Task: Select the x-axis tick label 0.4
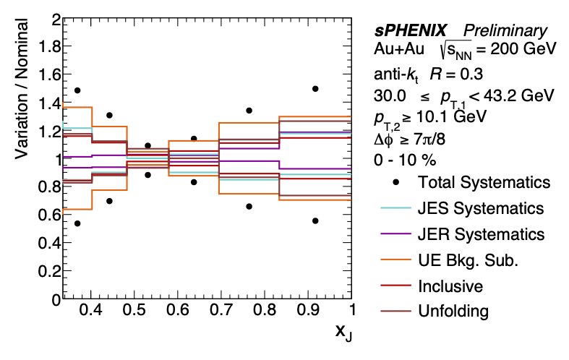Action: [90, 311]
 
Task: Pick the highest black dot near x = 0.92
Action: [315, 89]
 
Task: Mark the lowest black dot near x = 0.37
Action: [77, 223]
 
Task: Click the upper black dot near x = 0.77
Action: [249, 111]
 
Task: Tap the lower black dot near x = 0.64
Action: [194, 182]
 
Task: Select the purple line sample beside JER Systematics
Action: [396, 234]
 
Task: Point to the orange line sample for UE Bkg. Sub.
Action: [396, 260]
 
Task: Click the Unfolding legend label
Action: [453, 312]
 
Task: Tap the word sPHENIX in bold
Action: [411, 31]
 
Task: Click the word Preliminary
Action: [505, 31]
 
